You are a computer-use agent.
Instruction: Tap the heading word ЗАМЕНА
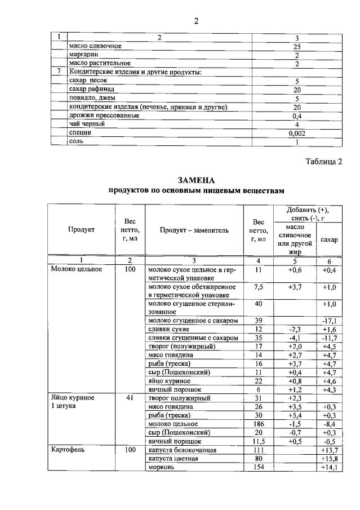click(196, 180)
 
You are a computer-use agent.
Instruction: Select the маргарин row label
click(82, 55)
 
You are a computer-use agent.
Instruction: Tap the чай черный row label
click(86, 123)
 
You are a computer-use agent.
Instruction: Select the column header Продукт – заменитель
click(194, 230)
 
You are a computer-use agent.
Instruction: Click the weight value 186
click(259, 424)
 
